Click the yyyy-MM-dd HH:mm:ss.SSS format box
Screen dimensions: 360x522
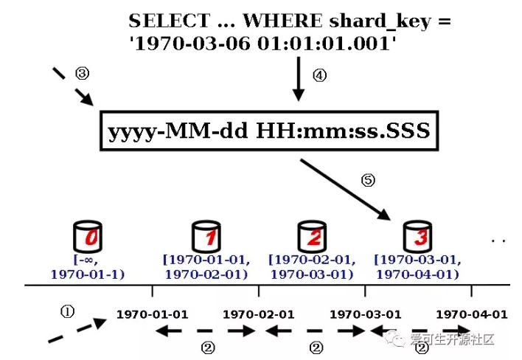[268, 133]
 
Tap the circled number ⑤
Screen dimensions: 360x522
[366, 179]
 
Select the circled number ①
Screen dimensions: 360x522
[67, 311]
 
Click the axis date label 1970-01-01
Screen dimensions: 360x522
[152, 314]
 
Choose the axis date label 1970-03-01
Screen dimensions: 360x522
[365, 314]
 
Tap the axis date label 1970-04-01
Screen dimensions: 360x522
[472, 314]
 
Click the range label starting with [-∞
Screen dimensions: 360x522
[88, 267]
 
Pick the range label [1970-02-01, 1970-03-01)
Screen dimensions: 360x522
[311, 267]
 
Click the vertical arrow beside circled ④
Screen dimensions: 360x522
[298, 80]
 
